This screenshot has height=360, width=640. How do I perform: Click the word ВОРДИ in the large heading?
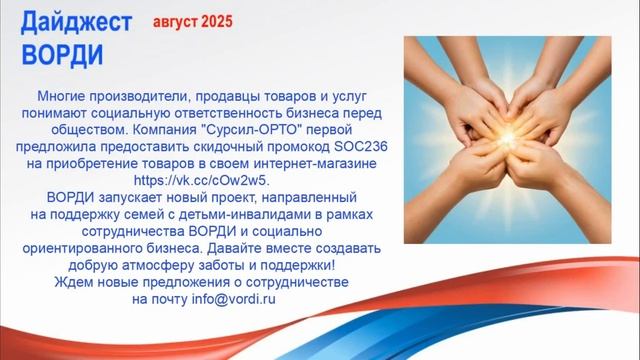[x=61, y=52]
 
